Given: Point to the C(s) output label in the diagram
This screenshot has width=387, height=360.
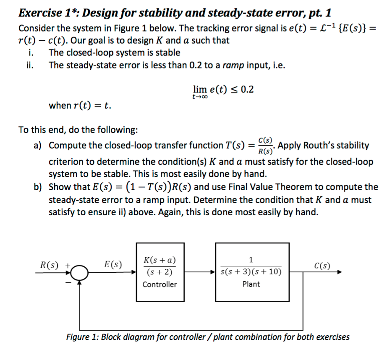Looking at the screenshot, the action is (x=322, y=265).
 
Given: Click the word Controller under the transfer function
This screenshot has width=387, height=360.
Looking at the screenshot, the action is (x=160, y=284).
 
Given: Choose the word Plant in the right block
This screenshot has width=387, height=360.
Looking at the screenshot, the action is (x=251, y=284).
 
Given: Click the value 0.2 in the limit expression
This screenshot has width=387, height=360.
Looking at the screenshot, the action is (x=246, y=90).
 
